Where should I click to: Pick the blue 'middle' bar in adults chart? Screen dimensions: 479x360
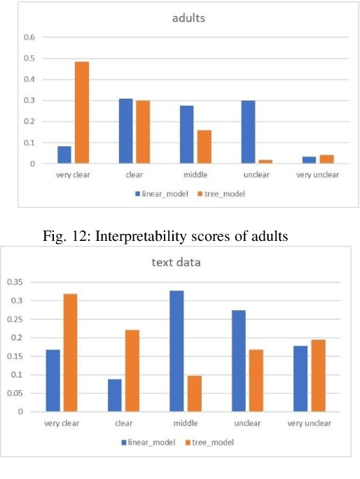[x=186, y=134]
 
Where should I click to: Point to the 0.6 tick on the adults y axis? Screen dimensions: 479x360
[x=30, y=37]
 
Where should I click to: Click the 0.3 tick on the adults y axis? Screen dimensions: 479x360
[x=30, y=101]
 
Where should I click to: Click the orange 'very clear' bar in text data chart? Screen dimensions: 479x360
[x=70, y=352]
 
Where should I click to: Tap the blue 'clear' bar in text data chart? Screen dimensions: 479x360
[x=115, y=395]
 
